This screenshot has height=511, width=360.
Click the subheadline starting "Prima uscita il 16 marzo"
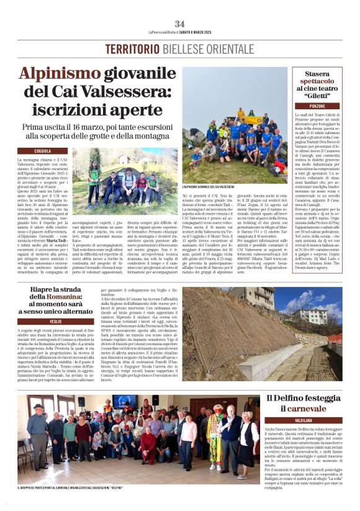coord(118,129)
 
